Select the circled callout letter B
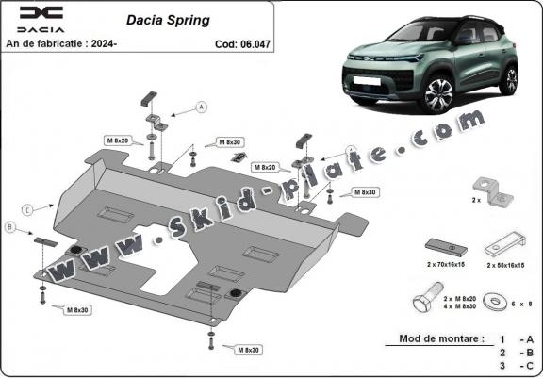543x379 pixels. (x=10, y=227)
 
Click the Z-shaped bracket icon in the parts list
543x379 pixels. (x=494, y=191)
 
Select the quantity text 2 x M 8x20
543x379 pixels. (x=456, y=296)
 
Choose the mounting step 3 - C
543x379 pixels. (x=516, y=364)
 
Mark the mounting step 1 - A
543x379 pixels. (x=516, y=338)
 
